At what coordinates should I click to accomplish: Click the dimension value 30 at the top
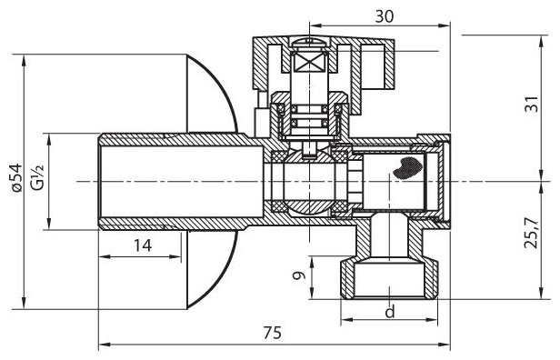[385, 16]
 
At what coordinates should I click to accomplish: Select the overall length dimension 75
[273, 334]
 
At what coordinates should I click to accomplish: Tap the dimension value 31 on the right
[532, 104]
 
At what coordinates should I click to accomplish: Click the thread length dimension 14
[143, 245]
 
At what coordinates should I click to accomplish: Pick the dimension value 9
[299, 275]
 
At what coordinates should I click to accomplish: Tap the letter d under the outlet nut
[390, 312]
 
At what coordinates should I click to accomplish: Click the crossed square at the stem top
[309, 64]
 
